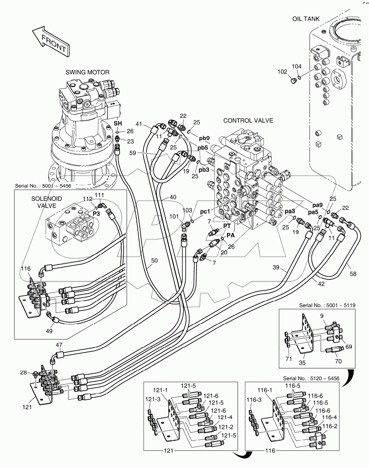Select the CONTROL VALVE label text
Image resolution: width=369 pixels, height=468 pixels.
(248, 121)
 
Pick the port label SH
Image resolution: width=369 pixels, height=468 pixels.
(118, 123)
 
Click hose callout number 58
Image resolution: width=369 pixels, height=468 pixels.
(353, 274)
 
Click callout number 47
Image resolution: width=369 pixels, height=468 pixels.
(59, 345)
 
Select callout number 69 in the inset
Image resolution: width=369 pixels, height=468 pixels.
(349, 346)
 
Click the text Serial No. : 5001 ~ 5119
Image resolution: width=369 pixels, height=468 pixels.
(327, 305)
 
